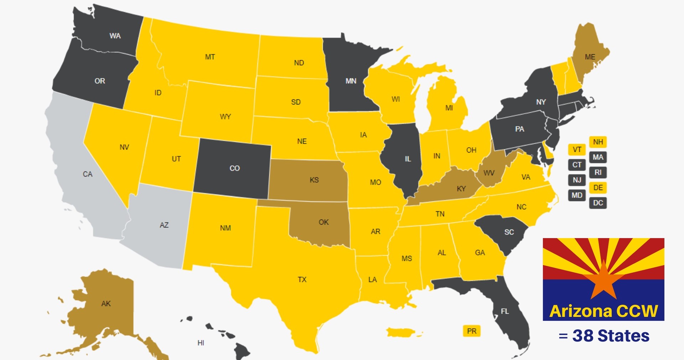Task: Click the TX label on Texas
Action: (302, 279)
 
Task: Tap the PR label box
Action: (471, 331)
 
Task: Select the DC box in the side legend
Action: (598, 203)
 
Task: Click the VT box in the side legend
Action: (577, 149)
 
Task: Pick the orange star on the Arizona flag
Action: (603, 281)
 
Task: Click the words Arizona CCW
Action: (603, 311)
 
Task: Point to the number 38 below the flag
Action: (583, 336)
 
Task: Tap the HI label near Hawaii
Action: (201, 343)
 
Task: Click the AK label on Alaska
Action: (106, 304)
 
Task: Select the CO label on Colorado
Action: (234, 168)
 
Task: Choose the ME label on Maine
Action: (590, 57)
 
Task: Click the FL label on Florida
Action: (505, 312)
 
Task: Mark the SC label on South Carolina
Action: (509, 232)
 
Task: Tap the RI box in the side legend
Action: (598, 173)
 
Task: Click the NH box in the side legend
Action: (598, 142)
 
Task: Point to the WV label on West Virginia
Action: (489, 173)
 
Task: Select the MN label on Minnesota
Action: (351, 81)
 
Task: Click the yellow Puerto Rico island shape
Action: (403, 333)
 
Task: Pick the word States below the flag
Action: (623, 336)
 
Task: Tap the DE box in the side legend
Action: (598, 187)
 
